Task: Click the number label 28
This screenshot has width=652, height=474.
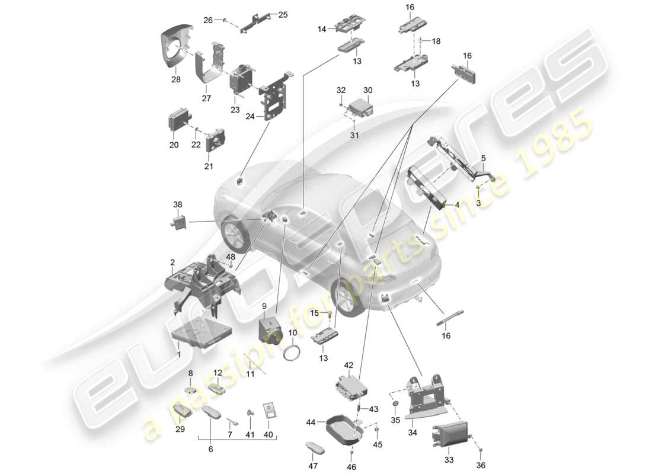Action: click(175, 79)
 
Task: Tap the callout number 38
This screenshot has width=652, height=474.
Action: click(178, 204)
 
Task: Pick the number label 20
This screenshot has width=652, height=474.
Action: click(174, 145)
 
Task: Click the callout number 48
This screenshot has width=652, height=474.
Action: click(230, 257)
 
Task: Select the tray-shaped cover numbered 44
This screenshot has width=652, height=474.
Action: click(343, 431)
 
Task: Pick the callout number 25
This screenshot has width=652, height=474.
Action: click(282, 14)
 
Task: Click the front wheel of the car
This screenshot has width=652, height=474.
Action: click(346, 299)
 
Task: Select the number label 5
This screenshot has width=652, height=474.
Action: click(483, 158)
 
